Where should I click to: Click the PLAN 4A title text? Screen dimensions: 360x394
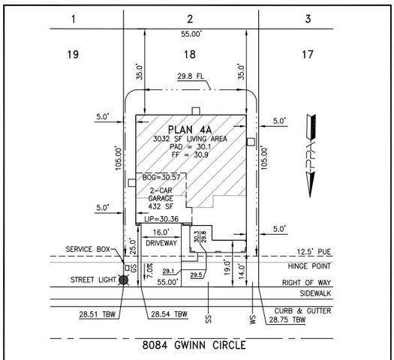pyautogui.click(x=191, y=129)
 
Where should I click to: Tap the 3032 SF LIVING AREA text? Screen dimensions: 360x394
pyautogui.click(x=191, y=139)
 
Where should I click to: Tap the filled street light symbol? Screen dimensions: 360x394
pyautogui.click(x=125, y=280)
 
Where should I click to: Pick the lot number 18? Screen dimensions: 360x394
pyautogui.click(x=191, y=53)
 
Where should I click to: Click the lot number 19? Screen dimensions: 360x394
pyautogui.click(x=74, y=53)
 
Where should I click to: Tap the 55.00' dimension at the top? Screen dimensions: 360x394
pyautogui.click(x=191, y=34)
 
